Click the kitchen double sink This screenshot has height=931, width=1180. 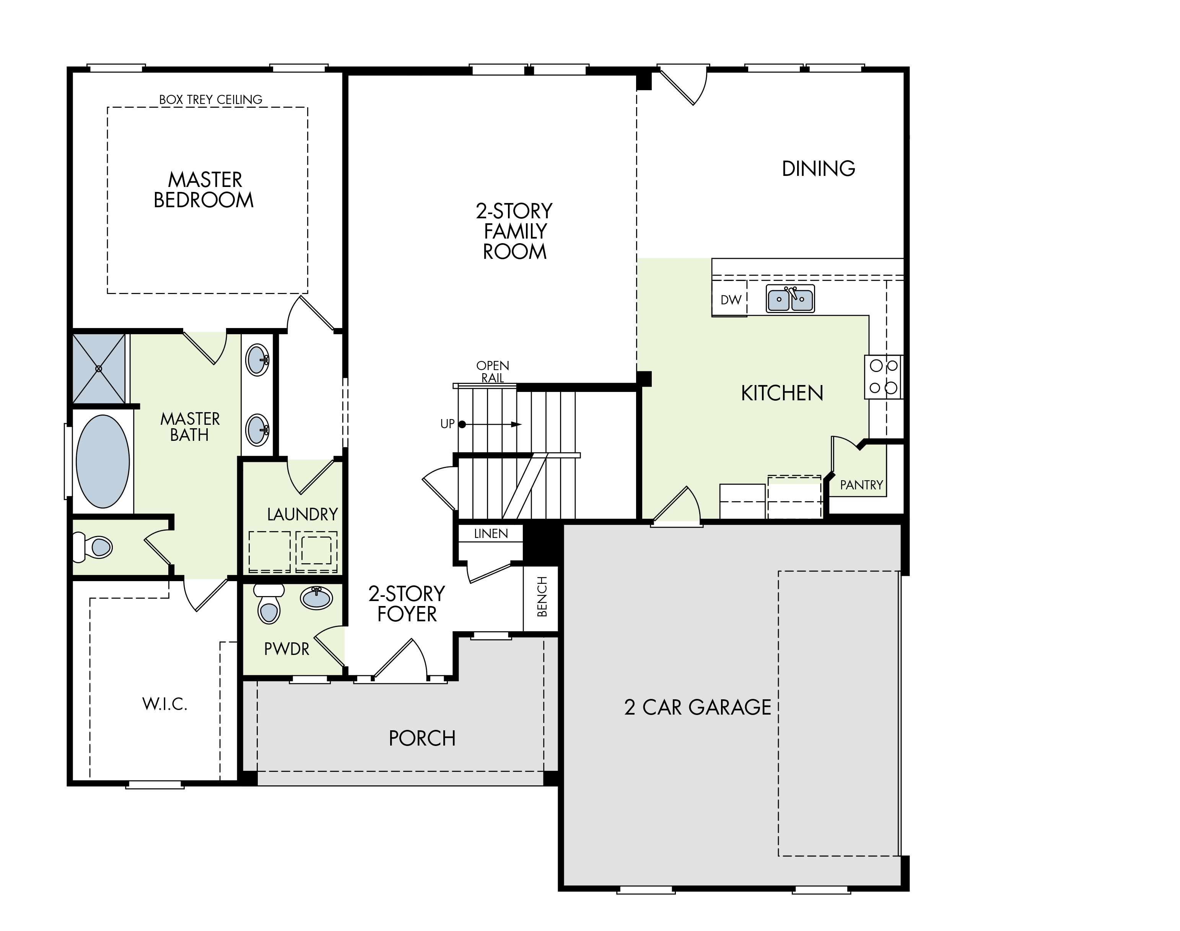[790, 299]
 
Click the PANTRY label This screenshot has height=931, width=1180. [861, 484]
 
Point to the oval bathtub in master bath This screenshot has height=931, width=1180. [103, 461]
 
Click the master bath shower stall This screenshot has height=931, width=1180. [99, 369]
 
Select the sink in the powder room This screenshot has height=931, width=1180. [316, 598]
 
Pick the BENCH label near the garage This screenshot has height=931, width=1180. [542, 597]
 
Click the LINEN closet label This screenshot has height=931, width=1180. [491, 534]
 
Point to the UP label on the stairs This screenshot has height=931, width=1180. [447, 424]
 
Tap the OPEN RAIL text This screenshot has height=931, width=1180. [492, 371]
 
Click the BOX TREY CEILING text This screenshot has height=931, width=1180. [210, 100]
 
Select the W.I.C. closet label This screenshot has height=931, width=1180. [165, 704]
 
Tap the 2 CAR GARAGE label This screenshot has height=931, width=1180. [697, 707]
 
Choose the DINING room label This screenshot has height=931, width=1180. [819, 169]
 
